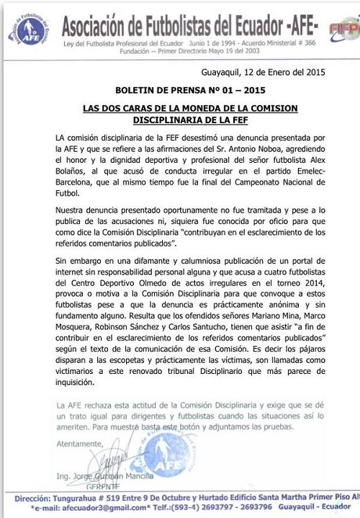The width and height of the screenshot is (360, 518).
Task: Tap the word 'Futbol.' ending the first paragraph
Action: (89, 195)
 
